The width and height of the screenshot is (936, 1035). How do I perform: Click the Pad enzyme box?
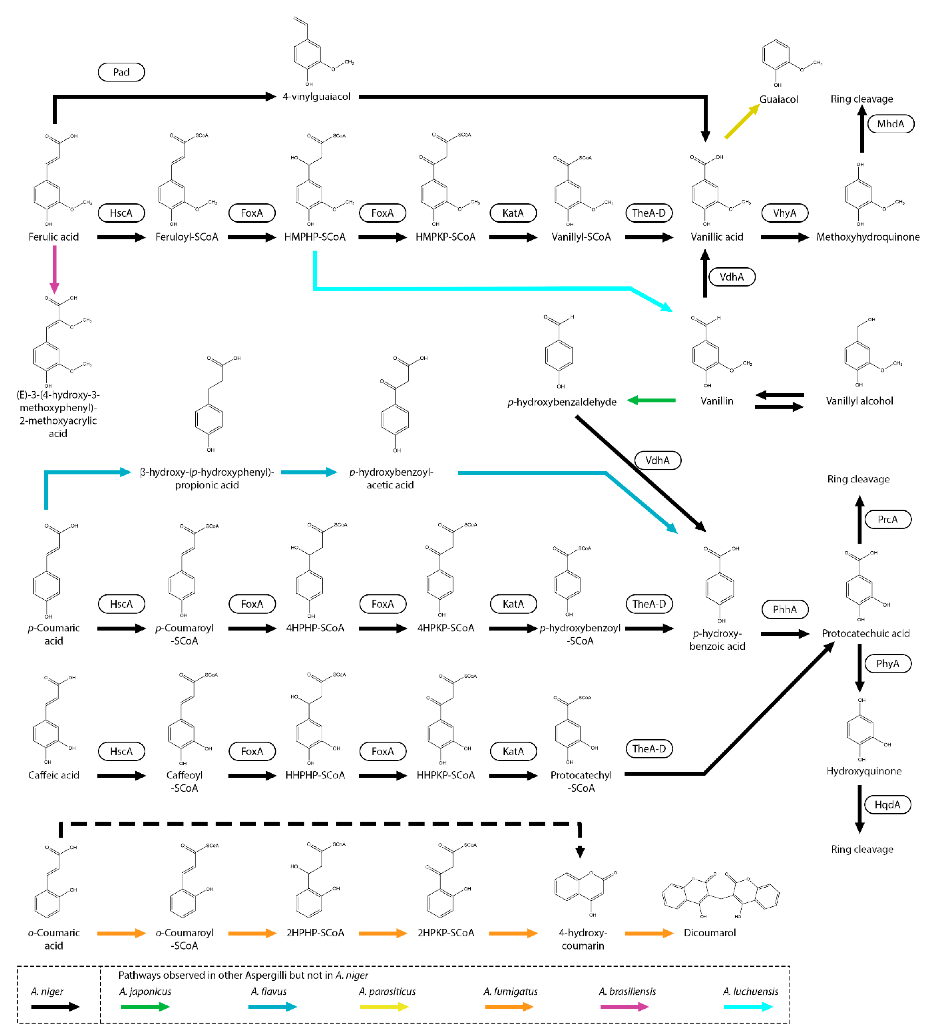coord(121,72)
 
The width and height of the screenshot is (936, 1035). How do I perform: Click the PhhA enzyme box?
coord(784,609)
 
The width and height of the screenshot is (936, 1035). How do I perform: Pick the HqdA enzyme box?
coord(887,805)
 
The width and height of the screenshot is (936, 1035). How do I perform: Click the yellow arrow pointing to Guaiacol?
coord(741,122)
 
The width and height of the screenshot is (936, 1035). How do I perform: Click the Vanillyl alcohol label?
coord(859,401)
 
